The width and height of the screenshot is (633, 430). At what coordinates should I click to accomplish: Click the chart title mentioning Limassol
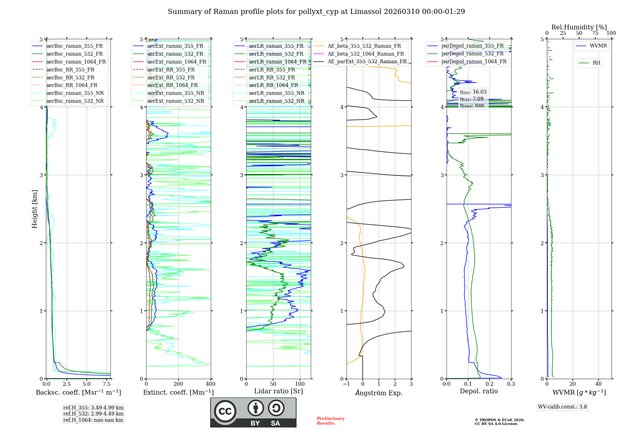coord(316,12)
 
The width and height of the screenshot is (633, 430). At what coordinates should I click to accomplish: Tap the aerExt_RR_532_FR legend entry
coord(171,77)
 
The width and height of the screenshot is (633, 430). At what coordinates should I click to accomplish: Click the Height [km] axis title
coord(34,209)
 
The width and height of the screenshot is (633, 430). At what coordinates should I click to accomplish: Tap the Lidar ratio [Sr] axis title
coord(279,391)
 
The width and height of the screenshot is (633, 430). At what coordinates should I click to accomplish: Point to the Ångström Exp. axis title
coord(379,393)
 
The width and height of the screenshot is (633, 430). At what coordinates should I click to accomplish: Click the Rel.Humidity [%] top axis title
coord(579,27)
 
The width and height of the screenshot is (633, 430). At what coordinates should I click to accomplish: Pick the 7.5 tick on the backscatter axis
coord(107,384)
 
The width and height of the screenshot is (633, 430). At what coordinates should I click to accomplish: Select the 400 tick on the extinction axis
coord(211,384)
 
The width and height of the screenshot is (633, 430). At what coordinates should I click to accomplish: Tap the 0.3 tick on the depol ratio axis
coord(511,384)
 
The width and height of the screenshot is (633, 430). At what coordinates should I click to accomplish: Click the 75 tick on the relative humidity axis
coord(595,33)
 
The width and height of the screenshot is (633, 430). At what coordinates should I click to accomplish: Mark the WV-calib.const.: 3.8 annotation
coord(562,407)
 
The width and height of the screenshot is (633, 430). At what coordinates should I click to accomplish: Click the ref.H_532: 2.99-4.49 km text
coord(93,414)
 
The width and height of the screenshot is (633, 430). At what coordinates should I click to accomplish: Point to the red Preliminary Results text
coord(330,421)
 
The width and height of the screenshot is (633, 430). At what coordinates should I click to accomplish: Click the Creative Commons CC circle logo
coord(225,411)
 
